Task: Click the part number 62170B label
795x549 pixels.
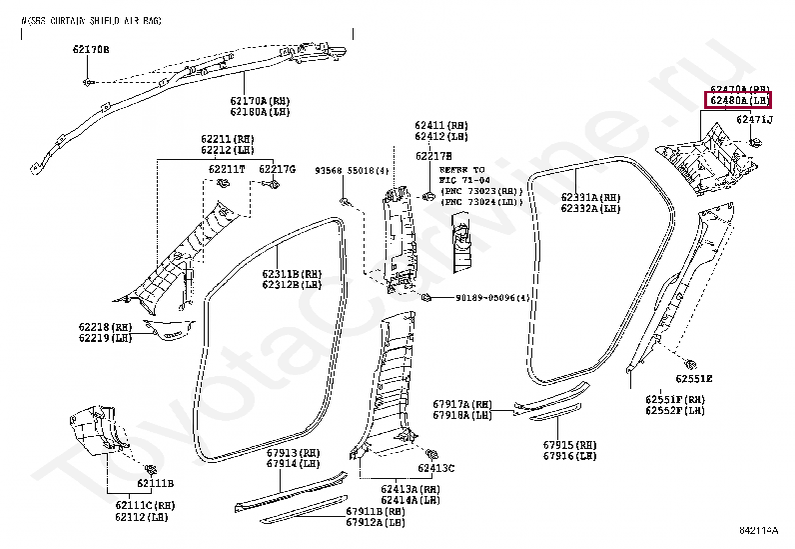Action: [91, 49]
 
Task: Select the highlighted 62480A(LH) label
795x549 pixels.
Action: [738, 101]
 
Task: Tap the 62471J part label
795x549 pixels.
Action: [754, 120]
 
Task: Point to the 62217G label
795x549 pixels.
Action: [278, 169]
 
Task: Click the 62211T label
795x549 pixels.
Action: [227, 169]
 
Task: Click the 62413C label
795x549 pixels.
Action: [436, 468]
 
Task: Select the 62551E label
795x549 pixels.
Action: [692, 379]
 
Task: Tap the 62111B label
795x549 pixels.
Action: [155, 484]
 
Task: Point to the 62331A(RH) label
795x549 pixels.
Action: [590, 197]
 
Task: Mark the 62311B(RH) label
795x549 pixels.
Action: [293, 273]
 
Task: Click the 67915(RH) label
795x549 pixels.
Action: [569, 444]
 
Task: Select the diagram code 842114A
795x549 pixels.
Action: [761, 530]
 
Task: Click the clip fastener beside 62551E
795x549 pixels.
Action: [690, 361]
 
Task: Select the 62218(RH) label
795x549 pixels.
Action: [106, 327]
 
